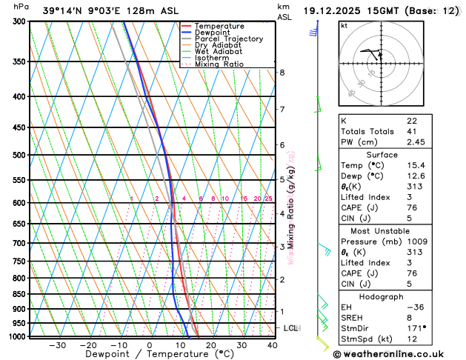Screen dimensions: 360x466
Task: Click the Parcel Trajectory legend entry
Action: pyautogui.click(x=228, y=39)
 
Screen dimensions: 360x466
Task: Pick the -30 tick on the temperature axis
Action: pyautogui.click(x=56, y=345)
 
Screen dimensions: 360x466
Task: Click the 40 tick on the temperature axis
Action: pyautogui.click(x=272, y=345)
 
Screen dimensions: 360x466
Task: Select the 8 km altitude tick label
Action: pyautogui.click(x=282, y=73)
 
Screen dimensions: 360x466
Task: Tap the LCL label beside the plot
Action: pyautogui.click(x=291, y=327)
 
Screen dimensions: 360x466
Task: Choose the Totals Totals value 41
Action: pyautogui.click(x=412, y=131)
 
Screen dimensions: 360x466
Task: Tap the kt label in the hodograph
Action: pyautogui.click(x=344, y=26)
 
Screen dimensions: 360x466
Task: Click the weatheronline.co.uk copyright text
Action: pyautogui.click(x=399, y=355)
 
